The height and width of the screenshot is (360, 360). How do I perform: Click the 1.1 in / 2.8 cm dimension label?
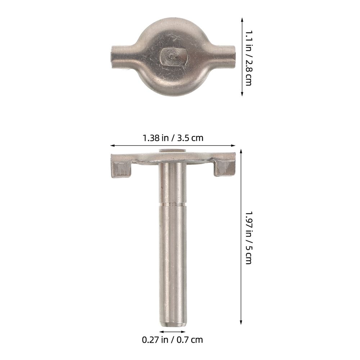[x=248, y=58]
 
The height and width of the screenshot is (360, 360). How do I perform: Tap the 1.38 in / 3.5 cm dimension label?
[x=173, y=138]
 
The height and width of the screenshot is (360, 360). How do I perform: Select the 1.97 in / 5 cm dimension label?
[x=248, y=238]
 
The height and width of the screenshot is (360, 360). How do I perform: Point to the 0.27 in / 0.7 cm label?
[x=172, y=340]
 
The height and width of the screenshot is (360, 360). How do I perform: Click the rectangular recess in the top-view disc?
[x=174, y=57]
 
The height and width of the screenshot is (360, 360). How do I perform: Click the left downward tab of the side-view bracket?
[x=121, y=169]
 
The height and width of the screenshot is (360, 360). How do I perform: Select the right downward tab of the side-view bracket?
[x=225, y=168]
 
